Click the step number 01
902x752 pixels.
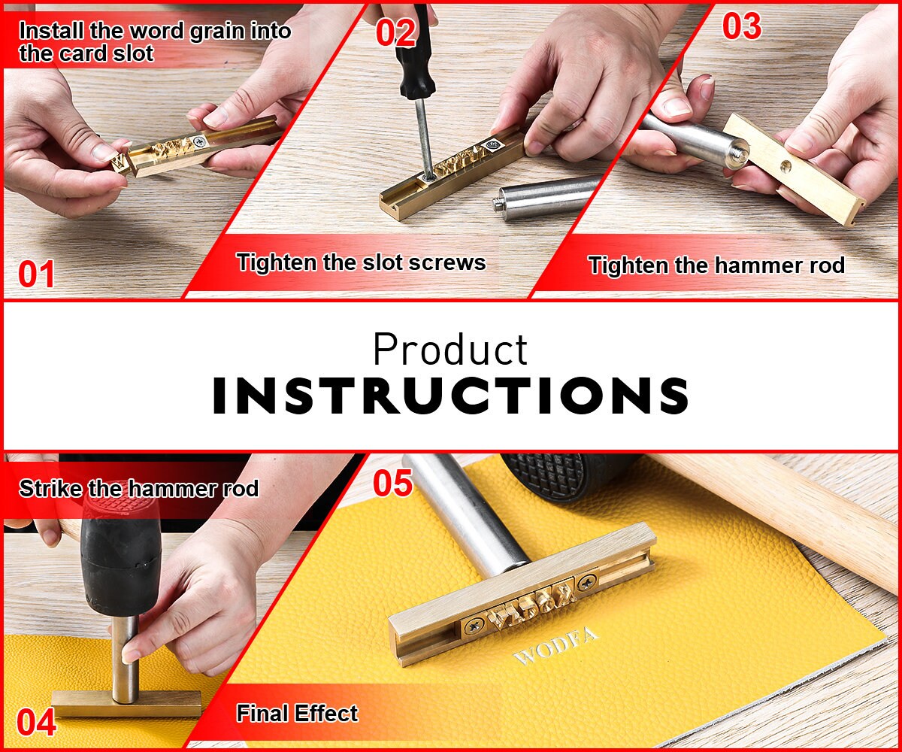click(x=36, y=274)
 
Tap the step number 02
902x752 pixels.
click(x=395, y=32)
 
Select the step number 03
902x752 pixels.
click(x=742, y=26)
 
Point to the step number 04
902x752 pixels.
click(x=36, y=722)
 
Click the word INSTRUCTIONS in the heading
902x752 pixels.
click(x=450, y=396)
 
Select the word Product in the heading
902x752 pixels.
click(x=450, y=349)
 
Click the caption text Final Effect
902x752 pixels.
click(x=297, y=713)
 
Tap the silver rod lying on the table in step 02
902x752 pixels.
click(x=546, y=196)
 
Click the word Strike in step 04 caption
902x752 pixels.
click(x=50, y=488)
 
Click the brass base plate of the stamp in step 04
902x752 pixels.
click(x=126, y=704)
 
